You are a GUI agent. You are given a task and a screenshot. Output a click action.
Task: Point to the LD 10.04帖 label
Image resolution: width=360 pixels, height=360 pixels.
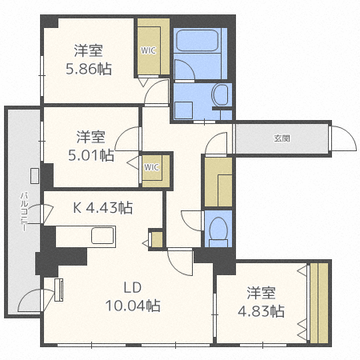point(133,297)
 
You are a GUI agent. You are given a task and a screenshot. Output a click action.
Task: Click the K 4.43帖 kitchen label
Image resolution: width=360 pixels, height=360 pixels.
point(103,208)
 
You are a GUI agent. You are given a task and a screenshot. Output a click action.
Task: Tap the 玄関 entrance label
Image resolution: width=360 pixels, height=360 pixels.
point(282,138)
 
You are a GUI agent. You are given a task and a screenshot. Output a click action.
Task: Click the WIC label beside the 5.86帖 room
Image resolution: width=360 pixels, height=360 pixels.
point(149,50)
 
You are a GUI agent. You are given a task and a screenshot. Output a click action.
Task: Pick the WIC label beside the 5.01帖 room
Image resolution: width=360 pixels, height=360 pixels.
point(152,167)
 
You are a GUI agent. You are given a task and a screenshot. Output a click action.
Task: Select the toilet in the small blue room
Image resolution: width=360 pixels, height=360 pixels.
point(218,230)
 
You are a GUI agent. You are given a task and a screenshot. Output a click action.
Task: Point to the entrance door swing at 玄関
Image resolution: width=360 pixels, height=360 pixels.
point(342,138)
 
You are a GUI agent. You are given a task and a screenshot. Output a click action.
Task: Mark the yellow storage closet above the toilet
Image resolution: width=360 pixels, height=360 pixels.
point(218,182)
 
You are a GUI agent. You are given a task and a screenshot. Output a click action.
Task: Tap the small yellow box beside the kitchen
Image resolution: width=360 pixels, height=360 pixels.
point(156,238)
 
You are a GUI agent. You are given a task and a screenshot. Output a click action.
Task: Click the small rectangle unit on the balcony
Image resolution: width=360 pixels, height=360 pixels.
point(34,175)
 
